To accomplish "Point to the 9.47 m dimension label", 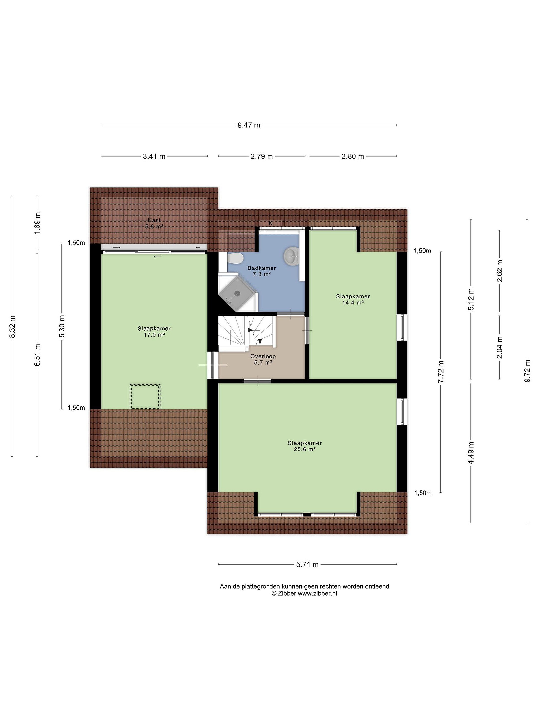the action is point(249,125).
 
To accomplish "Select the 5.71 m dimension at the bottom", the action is point(307,564).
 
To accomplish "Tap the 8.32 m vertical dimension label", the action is point(12,327).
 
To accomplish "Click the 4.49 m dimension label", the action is point(471,452).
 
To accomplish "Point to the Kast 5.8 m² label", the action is point(154,223).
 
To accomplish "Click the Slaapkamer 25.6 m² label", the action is point(305,446).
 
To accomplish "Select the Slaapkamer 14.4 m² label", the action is point(353,299).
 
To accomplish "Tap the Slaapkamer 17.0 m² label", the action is point(154,331).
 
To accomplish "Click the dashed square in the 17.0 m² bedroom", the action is point(145,396).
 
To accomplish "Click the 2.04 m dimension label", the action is point(500,347).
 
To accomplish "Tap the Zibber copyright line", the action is point(304,593).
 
